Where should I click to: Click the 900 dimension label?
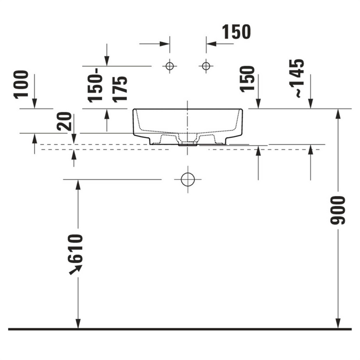point(337,210)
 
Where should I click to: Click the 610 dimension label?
point(75,248)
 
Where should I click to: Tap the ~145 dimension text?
point(296,78)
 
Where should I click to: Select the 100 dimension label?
point(21,84)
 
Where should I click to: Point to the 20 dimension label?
point(64,121)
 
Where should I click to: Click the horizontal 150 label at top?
point(236,31)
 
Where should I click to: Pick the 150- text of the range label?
point(94,85)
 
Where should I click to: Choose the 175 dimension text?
point(119,89)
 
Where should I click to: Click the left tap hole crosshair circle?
point(169,66)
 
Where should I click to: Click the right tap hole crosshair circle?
point(206,66)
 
